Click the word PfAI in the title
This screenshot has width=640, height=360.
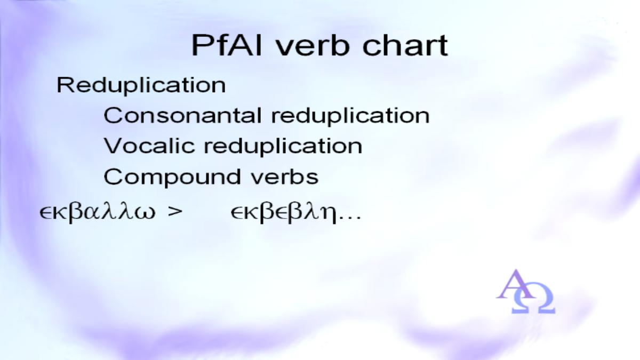click(227, 45)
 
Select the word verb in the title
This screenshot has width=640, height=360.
click(313, 45)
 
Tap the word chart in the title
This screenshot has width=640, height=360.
click(405, 45)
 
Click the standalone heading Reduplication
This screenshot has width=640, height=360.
click(141, 85)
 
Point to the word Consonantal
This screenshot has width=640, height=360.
click(182, 115)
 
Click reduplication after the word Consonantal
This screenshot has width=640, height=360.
click(350, 116)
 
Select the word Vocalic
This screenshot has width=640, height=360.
click(149, 146)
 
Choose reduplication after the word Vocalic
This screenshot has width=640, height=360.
click(283, 147)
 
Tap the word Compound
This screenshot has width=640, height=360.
click(172, 177)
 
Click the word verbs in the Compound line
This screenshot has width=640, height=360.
click(285, 177)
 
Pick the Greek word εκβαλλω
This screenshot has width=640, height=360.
click(98, 212)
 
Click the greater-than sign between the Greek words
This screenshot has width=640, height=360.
click(175, 212)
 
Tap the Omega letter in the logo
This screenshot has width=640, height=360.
click(533, 298)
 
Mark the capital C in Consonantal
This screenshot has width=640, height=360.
click(113, 115)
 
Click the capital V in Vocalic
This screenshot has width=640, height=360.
click(114, 146)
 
